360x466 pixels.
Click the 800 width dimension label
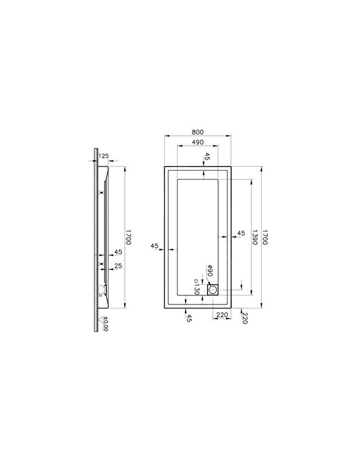click(x=197, y=132)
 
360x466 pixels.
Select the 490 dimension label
click(x=197, y=142)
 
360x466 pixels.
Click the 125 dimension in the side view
click(x=103, y=155)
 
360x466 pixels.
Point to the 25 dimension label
click(x=118, y=266)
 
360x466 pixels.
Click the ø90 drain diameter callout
click(x=209, y=270)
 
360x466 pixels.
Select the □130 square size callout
click(x=196, y=287)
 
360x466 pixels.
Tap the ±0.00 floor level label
click(x=106, y=324)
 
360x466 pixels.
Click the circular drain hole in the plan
click(x=213, y=289)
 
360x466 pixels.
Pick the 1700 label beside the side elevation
click(x=128, y=237)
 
